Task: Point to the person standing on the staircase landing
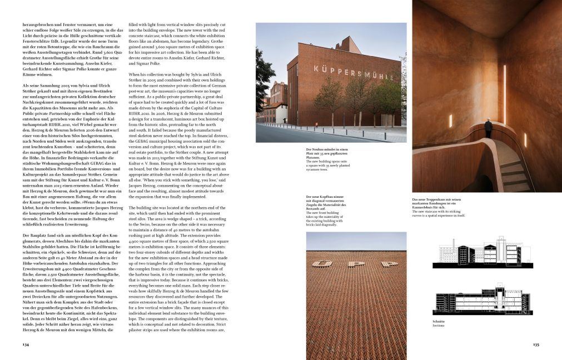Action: pyautogui.click(x=488, y=128)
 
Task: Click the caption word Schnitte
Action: pyautogui.click(x=439, y=321)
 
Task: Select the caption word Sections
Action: pyautogui.click(x=439, y=326)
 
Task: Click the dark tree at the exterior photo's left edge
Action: pyautogui.click(x=262, y=89)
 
